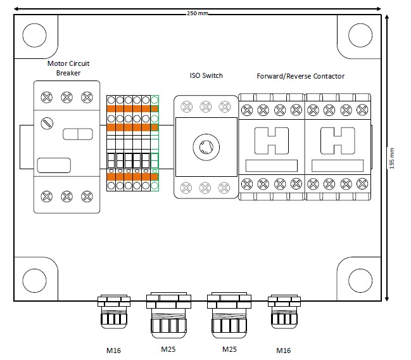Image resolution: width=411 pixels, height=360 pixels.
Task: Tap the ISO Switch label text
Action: point(206,76)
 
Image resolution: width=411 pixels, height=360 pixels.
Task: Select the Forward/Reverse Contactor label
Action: point(300,76)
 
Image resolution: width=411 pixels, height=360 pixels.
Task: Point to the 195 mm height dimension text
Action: point(392,158)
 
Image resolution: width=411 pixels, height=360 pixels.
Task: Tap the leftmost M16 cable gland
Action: point(114,311)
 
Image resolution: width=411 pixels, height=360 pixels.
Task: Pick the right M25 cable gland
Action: point(229,313)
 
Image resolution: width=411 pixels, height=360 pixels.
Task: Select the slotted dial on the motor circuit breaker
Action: point(47,122)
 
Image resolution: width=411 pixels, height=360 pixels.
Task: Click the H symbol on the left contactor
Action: point(271,141)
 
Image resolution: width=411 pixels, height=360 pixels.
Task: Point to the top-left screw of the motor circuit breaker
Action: point(47,97)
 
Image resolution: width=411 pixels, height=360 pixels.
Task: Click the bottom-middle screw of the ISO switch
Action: point(205,188)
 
